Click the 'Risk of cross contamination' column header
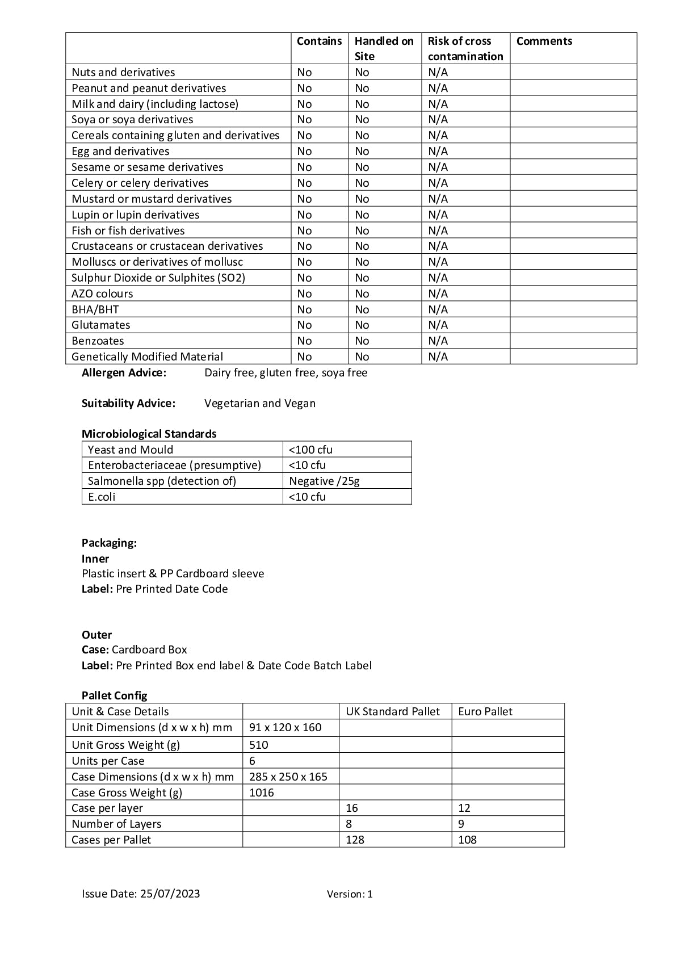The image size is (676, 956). pos(465,48)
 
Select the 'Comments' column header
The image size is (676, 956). pos(544,41)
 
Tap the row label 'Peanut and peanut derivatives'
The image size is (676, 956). pos(149,88)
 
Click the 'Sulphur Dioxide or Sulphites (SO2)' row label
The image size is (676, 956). pos(158,278)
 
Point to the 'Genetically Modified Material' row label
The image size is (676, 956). pos(147,357)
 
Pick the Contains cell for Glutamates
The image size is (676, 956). pos(304,325)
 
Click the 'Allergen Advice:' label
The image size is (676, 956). pos(124,372)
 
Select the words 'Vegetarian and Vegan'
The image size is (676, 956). pos(260,403)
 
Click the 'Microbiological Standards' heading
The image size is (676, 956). pos(149,434)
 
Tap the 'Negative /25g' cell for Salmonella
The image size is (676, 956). pos(324,481)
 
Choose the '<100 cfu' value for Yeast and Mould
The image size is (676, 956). pos(310,450)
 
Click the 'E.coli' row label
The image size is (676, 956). pos(102,497)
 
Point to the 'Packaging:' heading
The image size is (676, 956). pos(109,543)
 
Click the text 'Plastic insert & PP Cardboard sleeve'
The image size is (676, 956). pos(173,573)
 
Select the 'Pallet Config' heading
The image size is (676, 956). pos(114,695)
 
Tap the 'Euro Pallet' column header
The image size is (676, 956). pos(485,711)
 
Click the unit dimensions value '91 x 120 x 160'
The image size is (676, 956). pos(285,727)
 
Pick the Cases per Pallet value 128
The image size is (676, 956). pos(355,840)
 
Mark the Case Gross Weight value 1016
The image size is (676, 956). pos(261,793)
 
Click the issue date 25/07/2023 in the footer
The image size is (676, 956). pos(170,894)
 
